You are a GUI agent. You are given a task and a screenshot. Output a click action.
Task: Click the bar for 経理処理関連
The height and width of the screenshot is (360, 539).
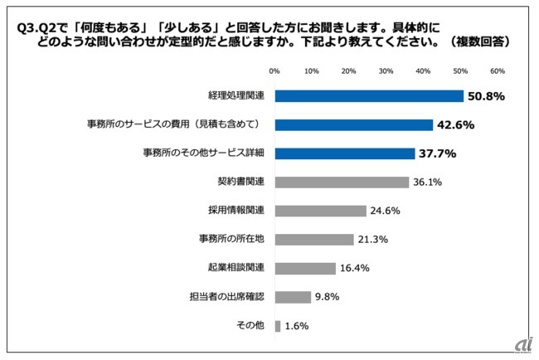(369, 96)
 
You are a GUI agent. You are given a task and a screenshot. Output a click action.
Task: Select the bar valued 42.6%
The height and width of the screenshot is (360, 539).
(354, 125)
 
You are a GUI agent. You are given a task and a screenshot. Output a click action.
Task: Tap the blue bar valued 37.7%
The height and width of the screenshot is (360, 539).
(345, 153)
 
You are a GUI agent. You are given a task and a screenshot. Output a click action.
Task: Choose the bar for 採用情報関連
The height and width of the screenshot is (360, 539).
(320, 211)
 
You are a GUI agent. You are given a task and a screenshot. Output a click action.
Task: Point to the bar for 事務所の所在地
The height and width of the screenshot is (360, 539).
(314, 240)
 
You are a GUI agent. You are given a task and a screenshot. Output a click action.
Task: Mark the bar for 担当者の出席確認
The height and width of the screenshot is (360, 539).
(293, 297)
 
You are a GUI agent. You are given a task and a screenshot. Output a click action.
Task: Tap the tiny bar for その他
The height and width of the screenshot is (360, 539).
(278, 326)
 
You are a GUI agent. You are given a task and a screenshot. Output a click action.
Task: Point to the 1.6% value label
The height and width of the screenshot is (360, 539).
(297, 326)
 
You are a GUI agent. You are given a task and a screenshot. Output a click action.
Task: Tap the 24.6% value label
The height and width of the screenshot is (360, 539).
(388, 211)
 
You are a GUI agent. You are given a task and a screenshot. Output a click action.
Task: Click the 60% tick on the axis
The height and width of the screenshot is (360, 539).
(498, 71)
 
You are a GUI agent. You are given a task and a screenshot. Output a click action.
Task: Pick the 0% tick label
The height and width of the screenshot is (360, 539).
(274, 71)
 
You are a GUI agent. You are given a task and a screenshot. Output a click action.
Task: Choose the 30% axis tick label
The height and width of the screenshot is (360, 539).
(386, 71)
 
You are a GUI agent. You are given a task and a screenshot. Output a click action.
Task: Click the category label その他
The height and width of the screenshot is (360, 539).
(250, 326)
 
